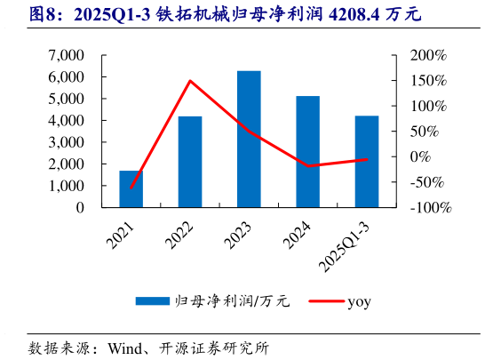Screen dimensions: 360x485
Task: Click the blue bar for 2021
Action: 131,188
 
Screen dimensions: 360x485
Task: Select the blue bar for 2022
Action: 190,162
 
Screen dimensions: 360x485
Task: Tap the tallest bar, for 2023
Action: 249,139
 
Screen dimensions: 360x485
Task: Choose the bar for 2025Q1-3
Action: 367,162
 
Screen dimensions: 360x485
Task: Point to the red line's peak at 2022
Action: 190,81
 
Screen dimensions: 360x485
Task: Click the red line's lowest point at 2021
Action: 131,188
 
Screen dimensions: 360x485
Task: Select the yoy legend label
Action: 359,301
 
